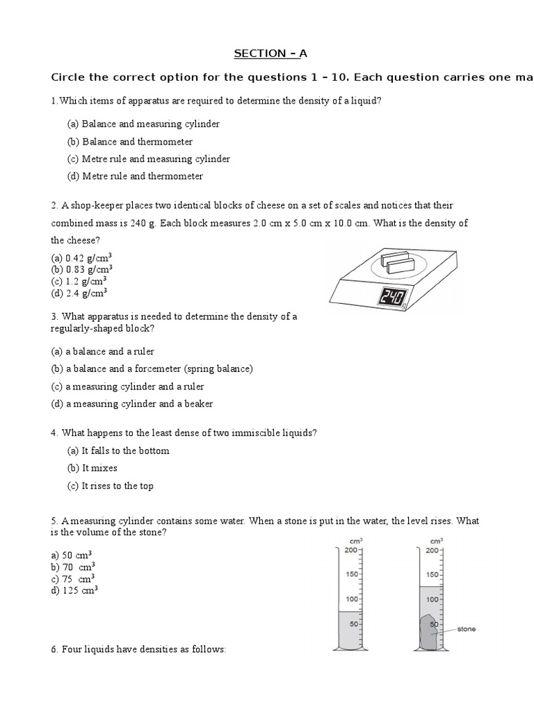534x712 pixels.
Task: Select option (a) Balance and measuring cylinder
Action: pyautogui.click(x=143, y=124)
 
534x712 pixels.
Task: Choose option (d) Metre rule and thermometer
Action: pyautogui.click(x=135, y=176)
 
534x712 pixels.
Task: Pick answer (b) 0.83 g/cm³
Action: pyautogui.click(x=82, y=268)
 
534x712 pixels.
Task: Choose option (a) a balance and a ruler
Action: pyautogui.click(x=103, y=351)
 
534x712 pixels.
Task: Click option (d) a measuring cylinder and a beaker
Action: pyautogui.click(x=132, y=403)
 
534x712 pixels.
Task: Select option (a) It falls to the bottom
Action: pyautogui.click(x=118, y=451)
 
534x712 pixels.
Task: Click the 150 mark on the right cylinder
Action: pyautogui.click(x=432, y=574)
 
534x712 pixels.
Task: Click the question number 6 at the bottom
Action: pyautogui.click(x=54, y=649)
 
